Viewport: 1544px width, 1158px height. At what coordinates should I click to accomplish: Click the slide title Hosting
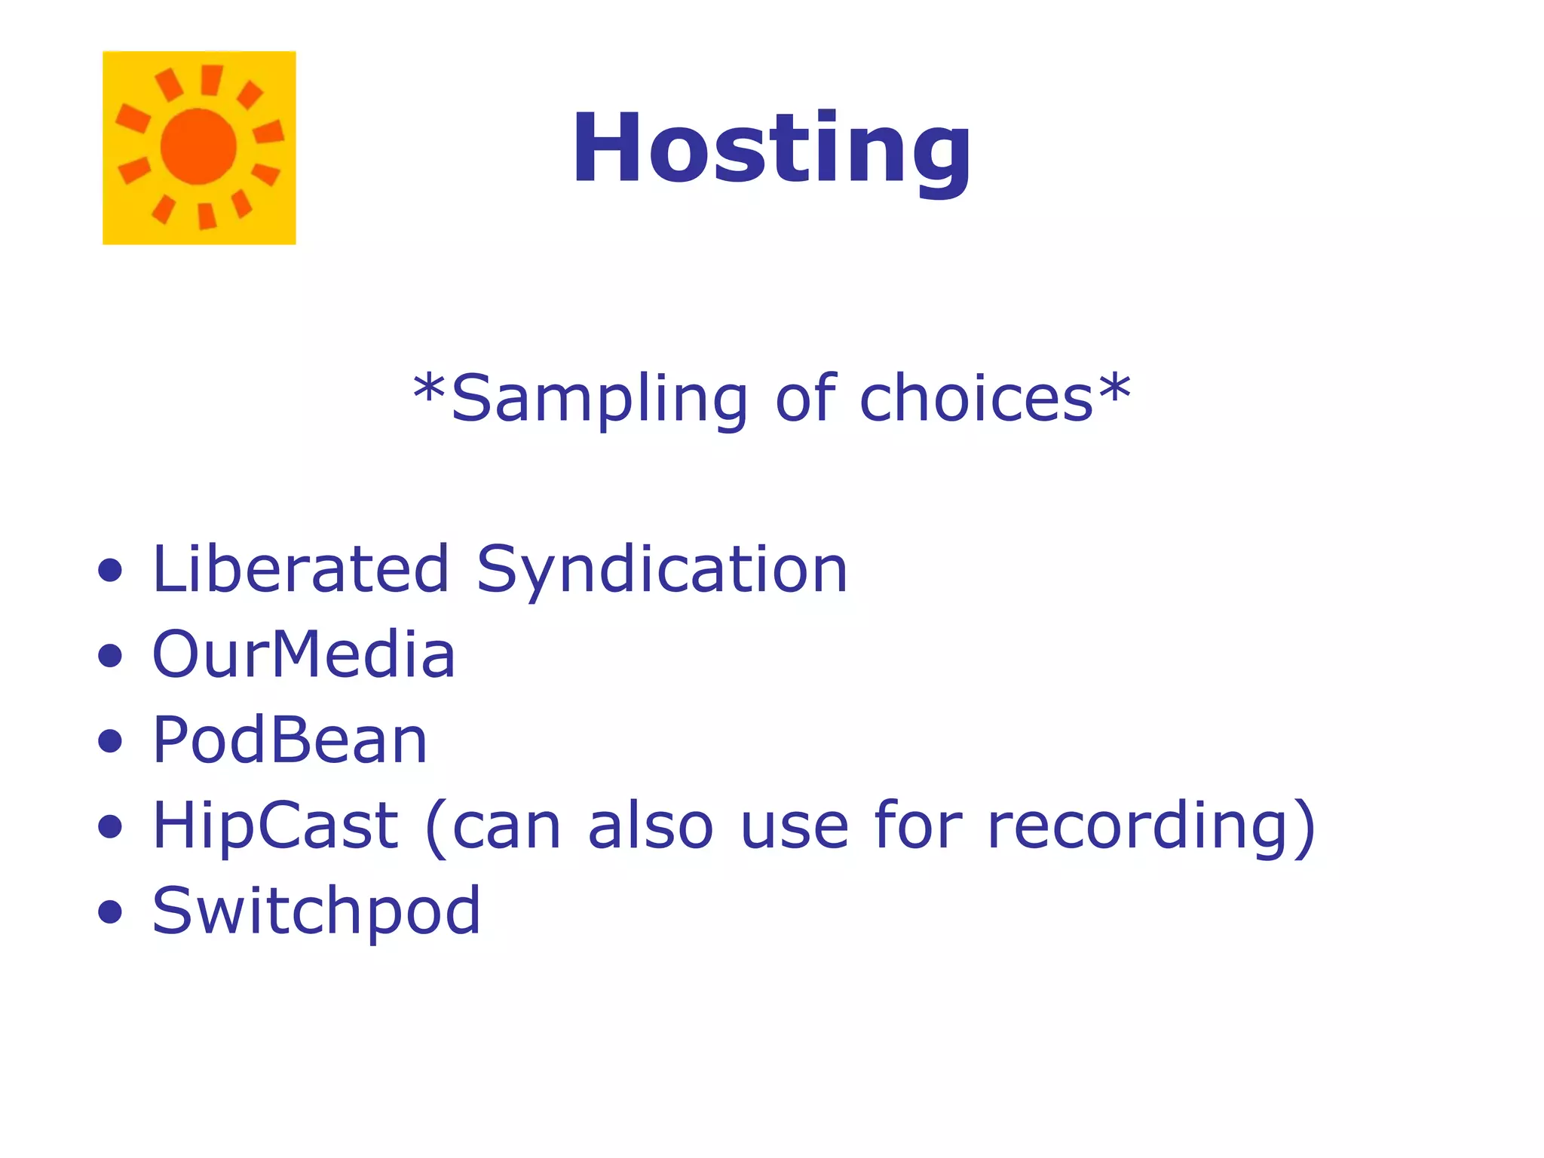(x=771, y=149)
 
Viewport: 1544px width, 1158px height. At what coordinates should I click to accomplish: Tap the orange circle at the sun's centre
(x=199, y=146)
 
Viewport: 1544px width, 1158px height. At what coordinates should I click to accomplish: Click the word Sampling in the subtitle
(x=599, y=400)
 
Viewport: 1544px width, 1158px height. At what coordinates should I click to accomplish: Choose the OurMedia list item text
(x=304, y=654)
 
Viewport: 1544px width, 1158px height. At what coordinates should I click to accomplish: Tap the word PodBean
(x=290, y=740)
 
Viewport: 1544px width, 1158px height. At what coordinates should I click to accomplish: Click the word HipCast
(x=275, y=826)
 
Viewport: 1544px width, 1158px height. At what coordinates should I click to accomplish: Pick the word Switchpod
(x=316, y=912)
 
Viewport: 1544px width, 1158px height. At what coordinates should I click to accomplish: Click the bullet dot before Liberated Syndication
(x=110, y=571)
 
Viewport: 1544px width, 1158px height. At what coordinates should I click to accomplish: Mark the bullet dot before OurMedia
(x=110, y=656)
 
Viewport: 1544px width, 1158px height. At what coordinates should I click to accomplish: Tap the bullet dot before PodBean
(x=110, y=741)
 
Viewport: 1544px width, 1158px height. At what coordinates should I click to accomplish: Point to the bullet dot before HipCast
(x=110, y=826)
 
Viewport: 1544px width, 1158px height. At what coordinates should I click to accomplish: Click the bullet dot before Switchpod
(x=110, y=912)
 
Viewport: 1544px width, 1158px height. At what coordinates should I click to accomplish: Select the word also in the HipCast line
(x=650, y=826)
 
